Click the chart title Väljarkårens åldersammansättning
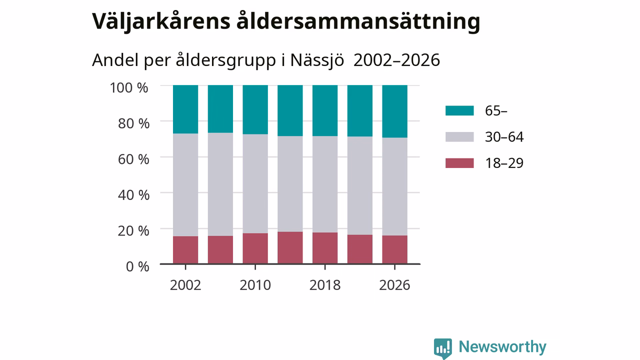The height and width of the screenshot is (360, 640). [x=286, y=21]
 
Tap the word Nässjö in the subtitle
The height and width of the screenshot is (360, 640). [x=317, y=60]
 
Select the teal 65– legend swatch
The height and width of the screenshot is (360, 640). [x=459, y=110]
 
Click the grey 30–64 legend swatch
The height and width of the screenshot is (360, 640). [x=459, y=137]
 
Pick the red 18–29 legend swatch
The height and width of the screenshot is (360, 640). [x=459, y=163]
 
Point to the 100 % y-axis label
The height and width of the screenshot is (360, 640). [x=129, y=87]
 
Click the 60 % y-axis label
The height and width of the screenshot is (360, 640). [x=133, y=159]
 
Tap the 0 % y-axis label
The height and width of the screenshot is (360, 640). [x=137, y=267]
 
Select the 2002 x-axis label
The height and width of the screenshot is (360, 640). [x=185, y=285]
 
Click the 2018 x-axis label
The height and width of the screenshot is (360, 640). [x=325, y=285]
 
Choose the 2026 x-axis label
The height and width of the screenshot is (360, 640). [x=394, y=285]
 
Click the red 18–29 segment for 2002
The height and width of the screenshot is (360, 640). [x=185, y=250]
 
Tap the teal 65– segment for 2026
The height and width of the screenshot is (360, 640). [x=395, y=111]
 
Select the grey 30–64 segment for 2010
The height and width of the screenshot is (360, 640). [x=255, y=183]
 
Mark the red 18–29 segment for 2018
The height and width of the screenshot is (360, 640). [x=325, y=248]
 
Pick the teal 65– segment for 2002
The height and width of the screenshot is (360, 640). [x=185, y=109]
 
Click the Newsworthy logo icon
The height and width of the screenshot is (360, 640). [x=443, y=348]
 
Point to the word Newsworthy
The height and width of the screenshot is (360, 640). [x=502, y=347]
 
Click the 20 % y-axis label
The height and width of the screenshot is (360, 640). [x=133, y=231]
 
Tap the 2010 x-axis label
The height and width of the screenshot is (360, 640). [x=255, y=285]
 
